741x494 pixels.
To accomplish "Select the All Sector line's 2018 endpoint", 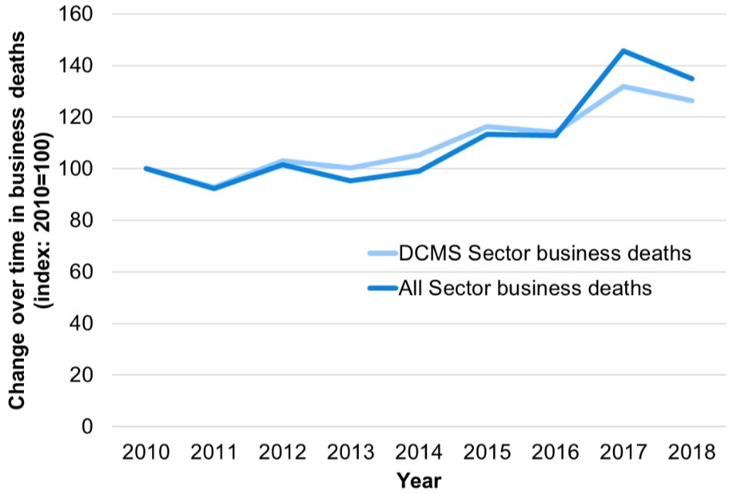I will tap(692, 78).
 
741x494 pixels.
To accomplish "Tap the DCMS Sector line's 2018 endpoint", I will tap(692, 100).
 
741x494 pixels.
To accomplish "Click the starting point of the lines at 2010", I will tap(146, 168).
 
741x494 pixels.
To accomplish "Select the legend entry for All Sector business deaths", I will tap(526, 288).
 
